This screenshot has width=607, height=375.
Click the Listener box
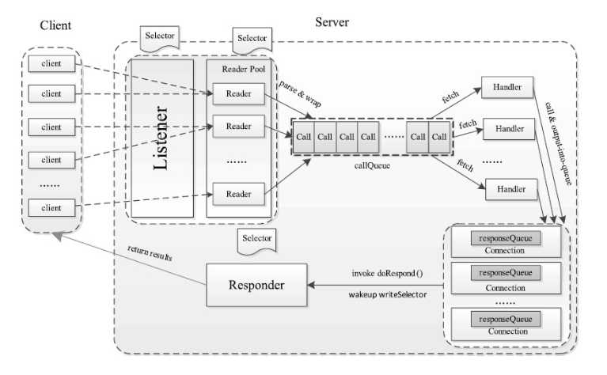tap(162, 138)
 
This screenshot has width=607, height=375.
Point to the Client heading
tap(55, 25)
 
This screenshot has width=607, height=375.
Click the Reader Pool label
tap(242, 69)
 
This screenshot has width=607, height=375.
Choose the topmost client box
tap(51, 62)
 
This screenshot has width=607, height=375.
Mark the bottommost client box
tap(51, 207)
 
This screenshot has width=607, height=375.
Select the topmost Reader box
tap(238, 93)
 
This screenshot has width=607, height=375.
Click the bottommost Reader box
tap(238, 194)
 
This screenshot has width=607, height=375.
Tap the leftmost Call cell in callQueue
tap(304, 136)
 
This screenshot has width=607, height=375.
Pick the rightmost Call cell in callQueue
tap(439, 136)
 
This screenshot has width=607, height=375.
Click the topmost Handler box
tap(506, 87)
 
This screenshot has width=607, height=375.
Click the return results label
tap(150, 256)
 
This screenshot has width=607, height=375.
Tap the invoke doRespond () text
tap(388, 273)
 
